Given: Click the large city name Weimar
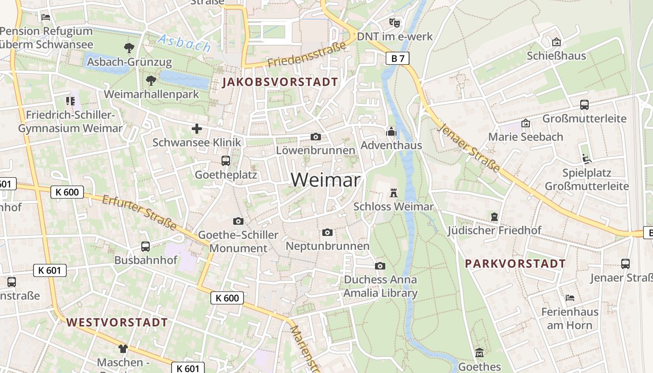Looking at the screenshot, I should click(326, 180).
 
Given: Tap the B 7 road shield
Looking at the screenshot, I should click(398, 58).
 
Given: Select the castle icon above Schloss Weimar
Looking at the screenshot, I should click(393, 193).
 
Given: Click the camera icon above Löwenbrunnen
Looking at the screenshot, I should click(316, 137).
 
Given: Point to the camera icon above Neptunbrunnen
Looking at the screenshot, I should click(327, 232).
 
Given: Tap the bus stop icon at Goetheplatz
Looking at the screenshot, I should click(226, 161).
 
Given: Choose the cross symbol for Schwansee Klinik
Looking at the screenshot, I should click(197, 129).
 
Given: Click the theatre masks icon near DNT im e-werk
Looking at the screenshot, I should click(395, 22).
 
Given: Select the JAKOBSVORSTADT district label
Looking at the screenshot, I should click(280, 83).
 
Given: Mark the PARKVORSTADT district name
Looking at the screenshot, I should click(515, 263).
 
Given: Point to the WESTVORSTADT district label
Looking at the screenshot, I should click(117, 322).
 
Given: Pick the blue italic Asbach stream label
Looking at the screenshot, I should click(184, 43).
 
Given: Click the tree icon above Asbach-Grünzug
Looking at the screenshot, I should click(129, 48).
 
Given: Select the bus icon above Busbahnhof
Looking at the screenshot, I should click(146, 246).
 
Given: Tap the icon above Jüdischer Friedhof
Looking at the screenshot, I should click(494, 217).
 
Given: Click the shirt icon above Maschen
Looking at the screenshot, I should click(123, 348).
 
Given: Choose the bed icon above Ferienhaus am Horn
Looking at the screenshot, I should click(570, 297).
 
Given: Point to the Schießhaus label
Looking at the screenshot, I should click(556, 56).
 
